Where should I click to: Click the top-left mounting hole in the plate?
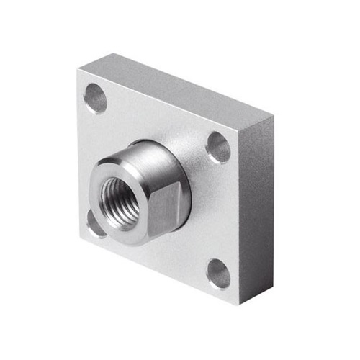click(x=95, y=98)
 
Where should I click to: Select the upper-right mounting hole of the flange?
click(x=218, y=147)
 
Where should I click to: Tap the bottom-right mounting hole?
click(x=218, y=274)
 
